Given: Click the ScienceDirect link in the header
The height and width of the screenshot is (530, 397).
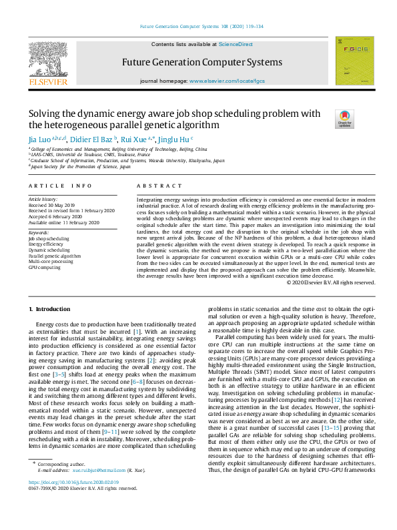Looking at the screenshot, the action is pos(236,44).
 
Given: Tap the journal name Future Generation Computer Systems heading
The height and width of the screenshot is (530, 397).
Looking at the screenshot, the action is pos(202,63).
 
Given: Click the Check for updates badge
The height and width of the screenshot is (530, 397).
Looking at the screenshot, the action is pos(344,119).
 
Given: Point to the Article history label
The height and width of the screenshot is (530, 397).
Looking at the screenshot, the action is pos(43,200).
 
